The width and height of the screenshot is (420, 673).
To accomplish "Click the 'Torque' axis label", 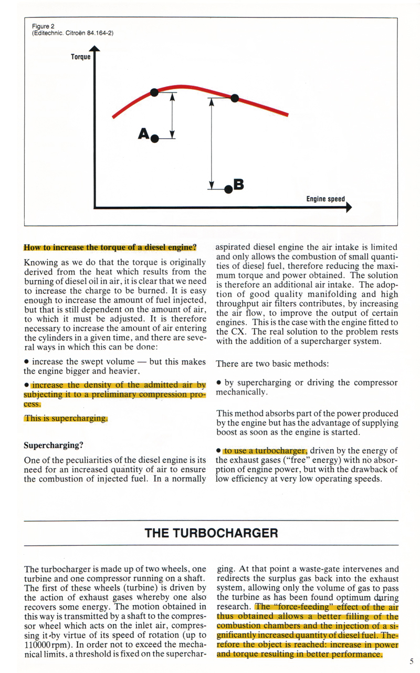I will [80, 57].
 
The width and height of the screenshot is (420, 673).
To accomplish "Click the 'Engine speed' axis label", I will [325, 199].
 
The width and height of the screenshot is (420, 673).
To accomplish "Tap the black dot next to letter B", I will [228, 188].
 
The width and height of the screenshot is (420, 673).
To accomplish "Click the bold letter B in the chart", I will [238, 184].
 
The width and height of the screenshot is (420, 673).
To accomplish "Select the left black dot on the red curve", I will [154, 92].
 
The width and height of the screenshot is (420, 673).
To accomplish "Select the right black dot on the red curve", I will [235, 98].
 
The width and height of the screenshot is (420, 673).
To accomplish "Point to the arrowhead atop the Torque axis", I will [95, 49].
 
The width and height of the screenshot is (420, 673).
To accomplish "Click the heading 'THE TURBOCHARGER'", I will [211, 533].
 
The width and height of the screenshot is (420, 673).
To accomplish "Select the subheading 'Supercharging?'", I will [54, 446].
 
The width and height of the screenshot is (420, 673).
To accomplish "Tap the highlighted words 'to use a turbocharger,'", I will [265, 450].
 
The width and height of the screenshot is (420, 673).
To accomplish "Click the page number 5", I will [412, 661].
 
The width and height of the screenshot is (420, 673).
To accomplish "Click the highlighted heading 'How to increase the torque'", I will [110, 247].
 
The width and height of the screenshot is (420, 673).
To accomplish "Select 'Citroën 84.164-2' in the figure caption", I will [89, 33].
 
